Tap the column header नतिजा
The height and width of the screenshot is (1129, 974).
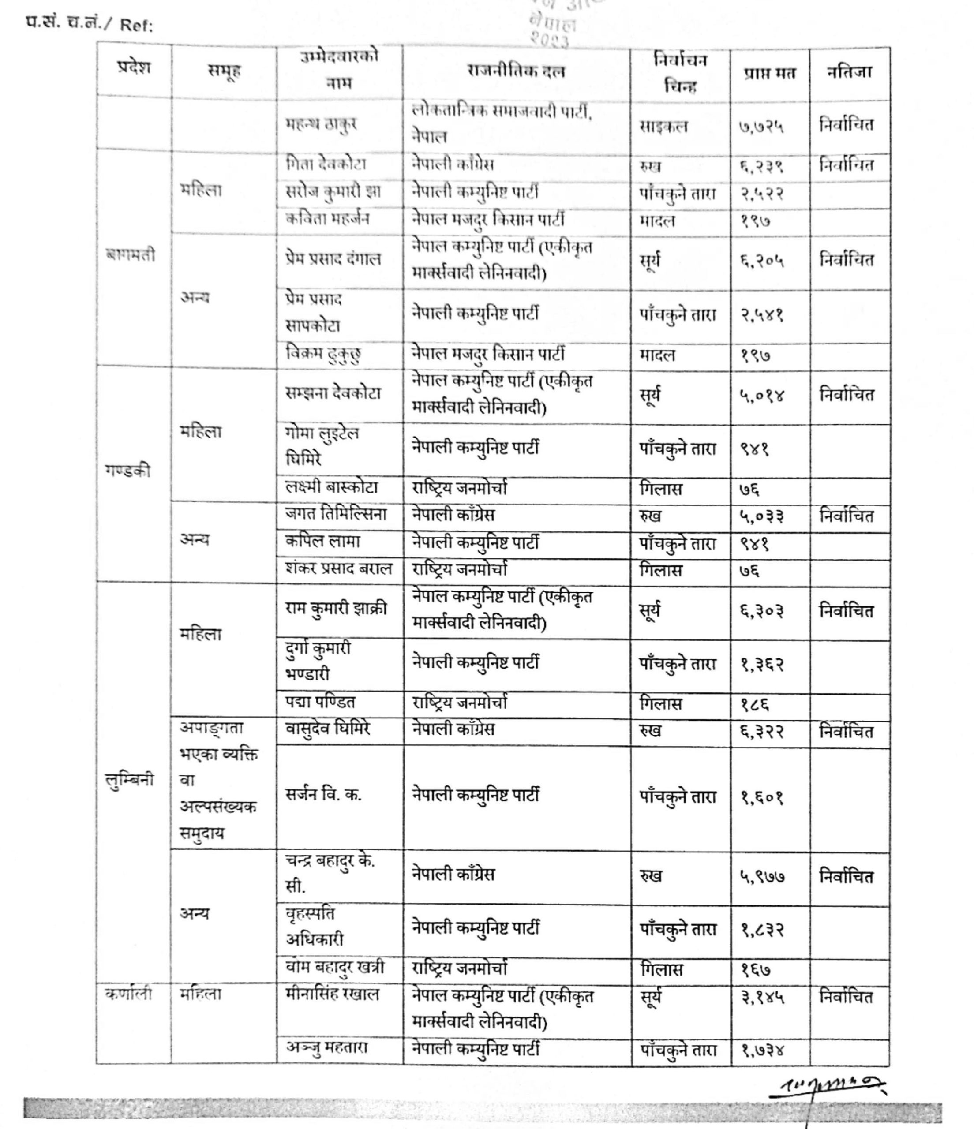pos(849,72)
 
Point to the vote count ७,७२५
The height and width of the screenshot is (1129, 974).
pos(761,127)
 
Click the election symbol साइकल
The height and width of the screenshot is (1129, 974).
pos(663,127)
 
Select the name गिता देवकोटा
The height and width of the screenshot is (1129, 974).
pos(326,164)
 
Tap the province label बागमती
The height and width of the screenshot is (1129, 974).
pos(131,254)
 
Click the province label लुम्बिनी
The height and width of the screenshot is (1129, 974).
pos(129,780)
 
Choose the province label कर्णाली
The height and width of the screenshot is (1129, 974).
pos(128,994)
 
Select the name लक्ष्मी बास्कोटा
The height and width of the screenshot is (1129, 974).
pos(331,488)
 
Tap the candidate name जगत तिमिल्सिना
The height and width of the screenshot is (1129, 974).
pos(335,514)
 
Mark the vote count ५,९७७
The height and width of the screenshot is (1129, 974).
pos(762,877)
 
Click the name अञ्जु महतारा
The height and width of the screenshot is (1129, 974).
pos(326,1048)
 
